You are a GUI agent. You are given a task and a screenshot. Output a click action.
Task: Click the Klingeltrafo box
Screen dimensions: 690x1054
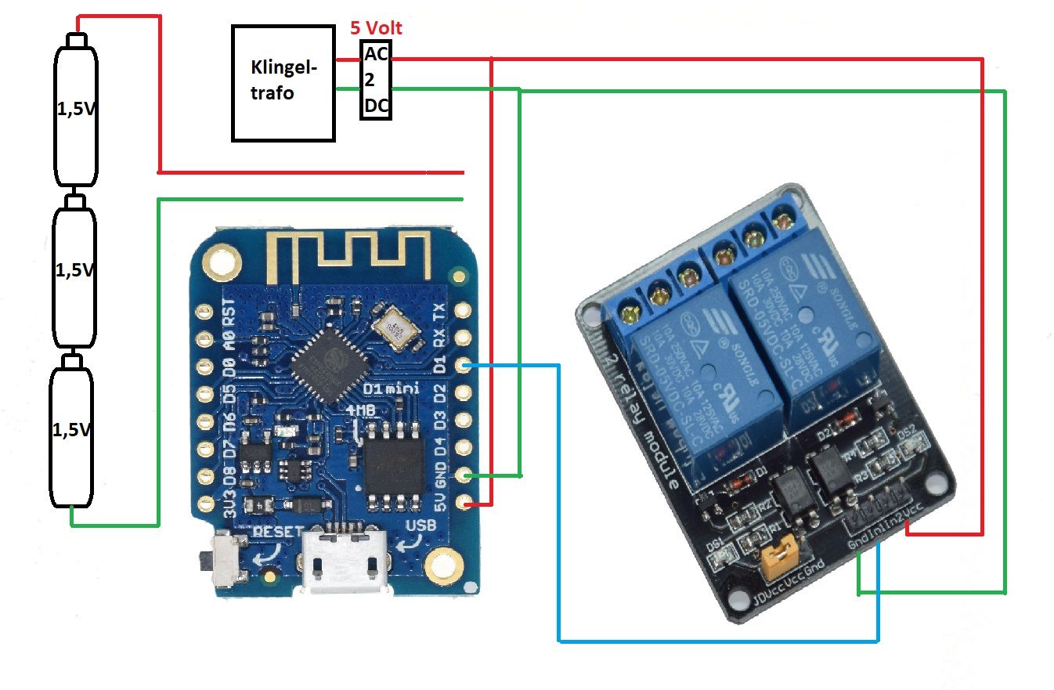coord(283,83)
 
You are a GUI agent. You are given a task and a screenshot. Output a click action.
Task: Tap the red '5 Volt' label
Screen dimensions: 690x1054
coord(376,28)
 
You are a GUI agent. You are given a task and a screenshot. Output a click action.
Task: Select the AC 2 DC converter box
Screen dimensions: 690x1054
coord(376,80)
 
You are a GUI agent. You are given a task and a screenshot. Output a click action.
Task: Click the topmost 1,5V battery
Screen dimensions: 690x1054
coord(75,114)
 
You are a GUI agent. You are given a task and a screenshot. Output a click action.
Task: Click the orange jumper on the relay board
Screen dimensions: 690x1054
coord(778,555)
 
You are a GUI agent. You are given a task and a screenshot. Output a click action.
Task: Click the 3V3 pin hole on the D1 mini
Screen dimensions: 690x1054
coord(205,501)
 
